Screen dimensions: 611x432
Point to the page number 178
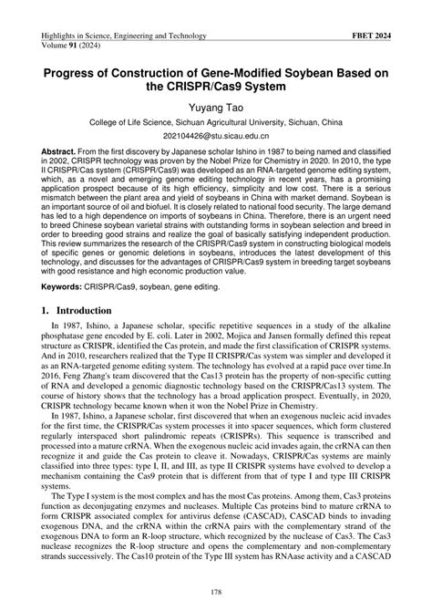pyautogui.click(x=216, y=595)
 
